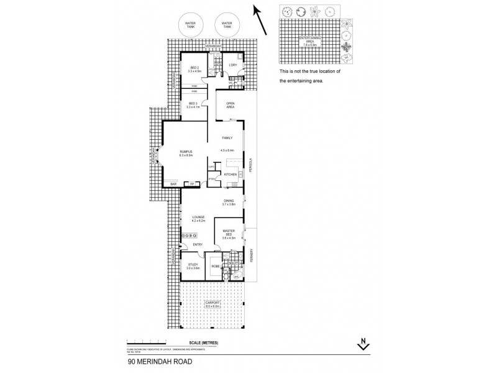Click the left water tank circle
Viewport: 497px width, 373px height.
191,25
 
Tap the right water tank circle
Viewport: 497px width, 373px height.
224,25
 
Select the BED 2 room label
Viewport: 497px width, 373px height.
194,69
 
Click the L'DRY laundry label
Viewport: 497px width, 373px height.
234,65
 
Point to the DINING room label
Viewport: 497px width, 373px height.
229,201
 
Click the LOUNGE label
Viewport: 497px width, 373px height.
198,217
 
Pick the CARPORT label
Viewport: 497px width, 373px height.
212,303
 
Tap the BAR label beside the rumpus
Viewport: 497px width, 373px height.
174,183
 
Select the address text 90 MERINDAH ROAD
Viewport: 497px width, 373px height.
160,360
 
